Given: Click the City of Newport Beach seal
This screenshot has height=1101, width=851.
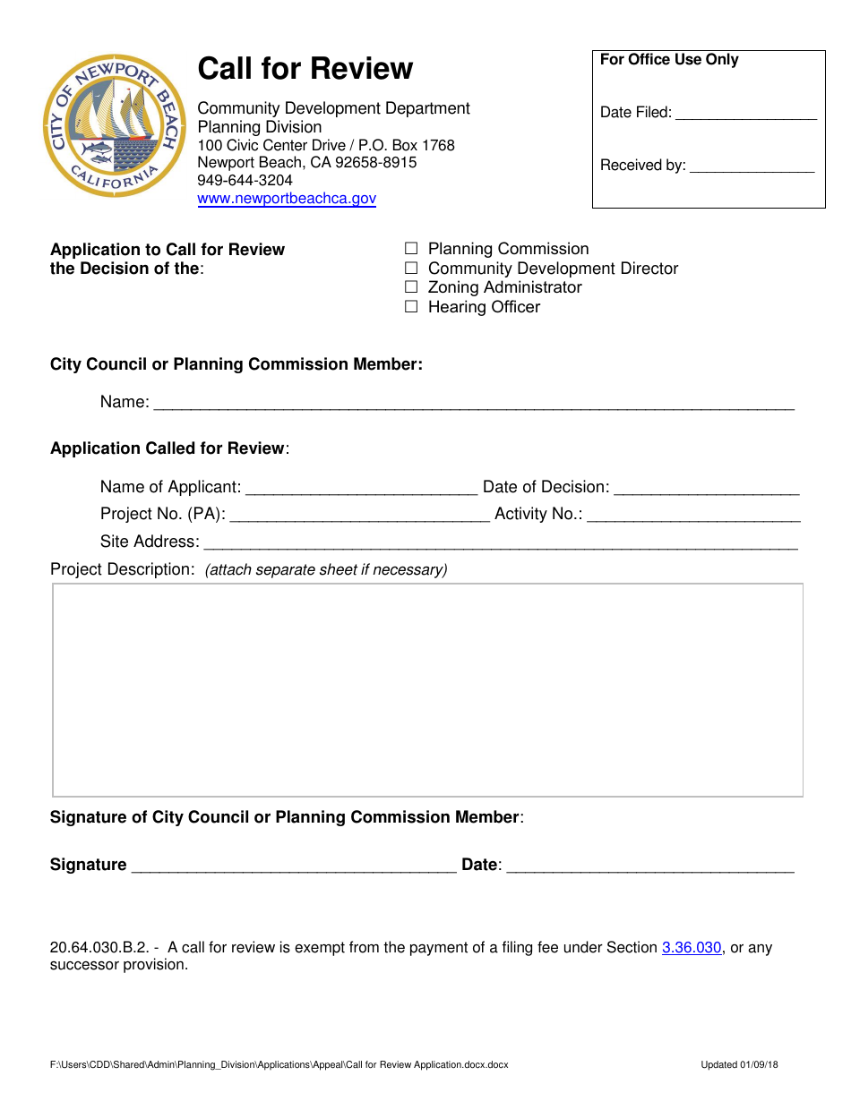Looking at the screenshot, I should (113, 125).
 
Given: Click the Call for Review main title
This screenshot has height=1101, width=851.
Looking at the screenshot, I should (305, 69).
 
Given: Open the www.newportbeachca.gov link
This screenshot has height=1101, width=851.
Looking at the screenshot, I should (287, 199).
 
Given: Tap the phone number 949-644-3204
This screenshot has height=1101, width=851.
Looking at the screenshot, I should (245, 180).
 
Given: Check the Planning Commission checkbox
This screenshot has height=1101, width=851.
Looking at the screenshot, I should (411, 249).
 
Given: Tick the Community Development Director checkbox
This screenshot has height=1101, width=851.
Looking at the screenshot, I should (411, 269).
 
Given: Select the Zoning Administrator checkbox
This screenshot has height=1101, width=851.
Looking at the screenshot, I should (411, 287).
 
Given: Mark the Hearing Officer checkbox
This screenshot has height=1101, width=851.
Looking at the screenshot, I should (411, 307).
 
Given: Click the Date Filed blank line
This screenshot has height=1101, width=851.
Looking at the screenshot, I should (745, 114).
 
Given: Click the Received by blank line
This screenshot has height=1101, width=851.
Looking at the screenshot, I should (752, 166).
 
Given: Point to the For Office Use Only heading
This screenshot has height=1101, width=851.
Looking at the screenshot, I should (669, 60).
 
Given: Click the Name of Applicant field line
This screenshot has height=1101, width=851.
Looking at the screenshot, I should (361, 489).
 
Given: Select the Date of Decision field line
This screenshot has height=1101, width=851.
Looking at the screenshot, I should (707, 489).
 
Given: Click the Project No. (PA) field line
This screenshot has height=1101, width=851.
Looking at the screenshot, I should (360, 516).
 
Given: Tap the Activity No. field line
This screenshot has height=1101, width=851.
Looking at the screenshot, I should (693, 516).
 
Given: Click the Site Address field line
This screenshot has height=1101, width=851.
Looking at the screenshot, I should (501, 543).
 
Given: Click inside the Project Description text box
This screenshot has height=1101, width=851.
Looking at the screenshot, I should (427, 689).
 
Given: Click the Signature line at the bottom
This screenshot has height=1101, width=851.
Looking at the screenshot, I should (294, 866).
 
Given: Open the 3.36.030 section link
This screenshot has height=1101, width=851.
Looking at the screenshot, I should (692, 947).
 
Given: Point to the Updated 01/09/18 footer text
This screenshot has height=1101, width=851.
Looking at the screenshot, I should (739, 1065).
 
